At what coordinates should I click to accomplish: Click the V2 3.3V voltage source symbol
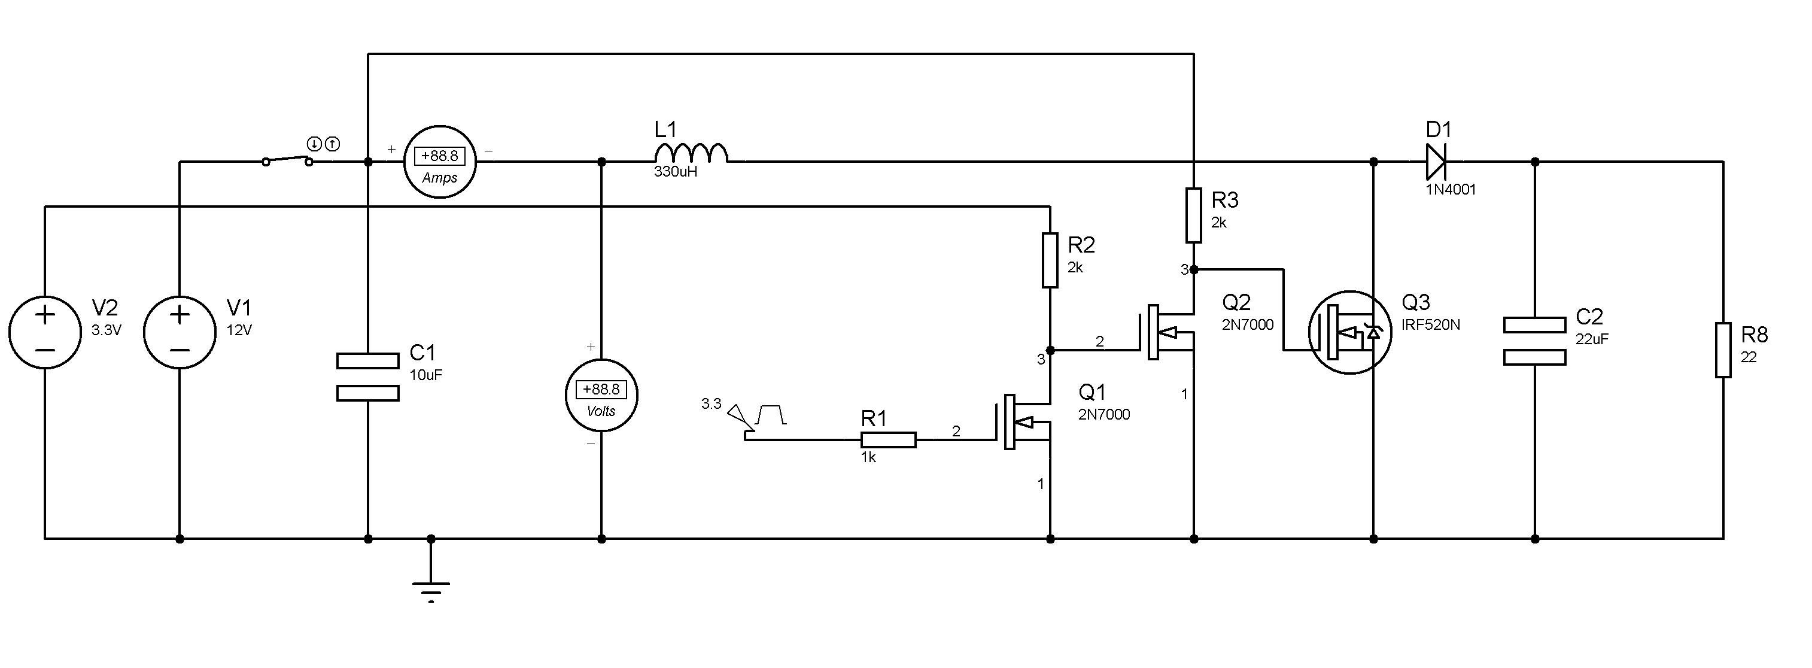[x=45, y=332]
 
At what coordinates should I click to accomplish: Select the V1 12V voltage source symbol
[x=180, y=332]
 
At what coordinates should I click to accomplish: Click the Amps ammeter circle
[x=440, y=162]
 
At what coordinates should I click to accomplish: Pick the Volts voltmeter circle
[x=601, y=396]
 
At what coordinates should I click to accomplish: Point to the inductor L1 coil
[x=691, y=153]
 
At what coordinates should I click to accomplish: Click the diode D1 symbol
[x=1436, y=162]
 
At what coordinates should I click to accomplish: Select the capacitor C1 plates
[x=368, y=377]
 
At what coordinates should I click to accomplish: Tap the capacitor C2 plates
[x=1535, y=341]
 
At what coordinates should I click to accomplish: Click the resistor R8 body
[x=1723, y=350]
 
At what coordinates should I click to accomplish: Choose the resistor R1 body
[x=889, y=440]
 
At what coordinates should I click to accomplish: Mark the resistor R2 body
[x=1050, y=260]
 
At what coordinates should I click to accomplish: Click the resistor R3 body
[x=1194, y=215]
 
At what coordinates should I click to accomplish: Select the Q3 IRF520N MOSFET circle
[x=1350, y=332]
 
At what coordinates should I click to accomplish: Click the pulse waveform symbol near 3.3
[x=770, y=415]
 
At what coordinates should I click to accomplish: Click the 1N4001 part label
[x=1451, y=189]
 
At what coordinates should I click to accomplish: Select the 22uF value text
[x=1592, y=339]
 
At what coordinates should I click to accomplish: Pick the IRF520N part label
[x=1431, y=324]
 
